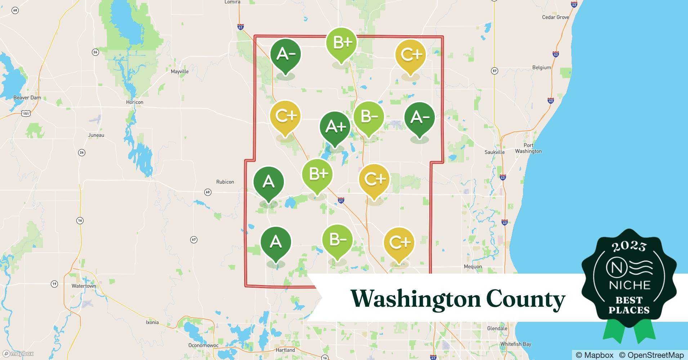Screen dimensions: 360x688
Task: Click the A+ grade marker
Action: click(335, 127)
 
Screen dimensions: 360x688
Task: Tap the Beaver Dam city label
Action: click(27, 98)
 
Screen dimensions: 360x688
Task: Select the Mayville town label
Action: click(179, 71)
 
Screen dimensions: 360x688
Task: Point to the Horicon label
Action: click(135, 102)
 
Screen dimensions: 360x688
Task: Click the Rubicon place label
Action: click(225, 182)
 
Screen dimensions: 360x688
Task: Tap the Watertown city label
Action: click(84, 286)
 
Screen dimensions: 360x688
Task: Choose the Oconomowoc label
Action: click(203, 345)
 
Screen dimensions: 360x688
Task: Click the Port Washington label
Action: click(528, 148)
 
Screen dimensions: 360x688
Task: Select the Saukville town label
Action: click(494, 152)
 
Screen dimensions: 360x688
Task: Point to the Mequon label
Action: click(473, 266)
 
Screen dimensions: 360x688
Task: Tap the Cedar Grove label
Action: click(555, 17)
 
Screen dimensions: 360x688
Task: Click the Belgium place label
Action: click(541, 67)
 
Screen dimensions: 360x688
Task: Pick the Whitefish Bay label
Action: click(515, 344)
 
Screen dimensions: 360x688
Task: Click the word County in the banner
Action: click(525, 299)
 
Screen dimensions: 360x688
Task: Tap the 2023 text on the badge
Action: click(629, 246)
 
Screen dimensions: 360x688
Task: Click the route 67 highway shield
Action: click(194, 240)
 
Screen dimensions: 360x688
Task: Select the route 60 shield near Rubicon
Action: click(208, 192)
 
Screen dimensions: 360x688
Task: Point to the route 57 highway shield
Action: click(495, 71)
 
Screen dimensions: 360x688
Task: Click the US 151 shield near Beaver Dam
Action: click(26, 113)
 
